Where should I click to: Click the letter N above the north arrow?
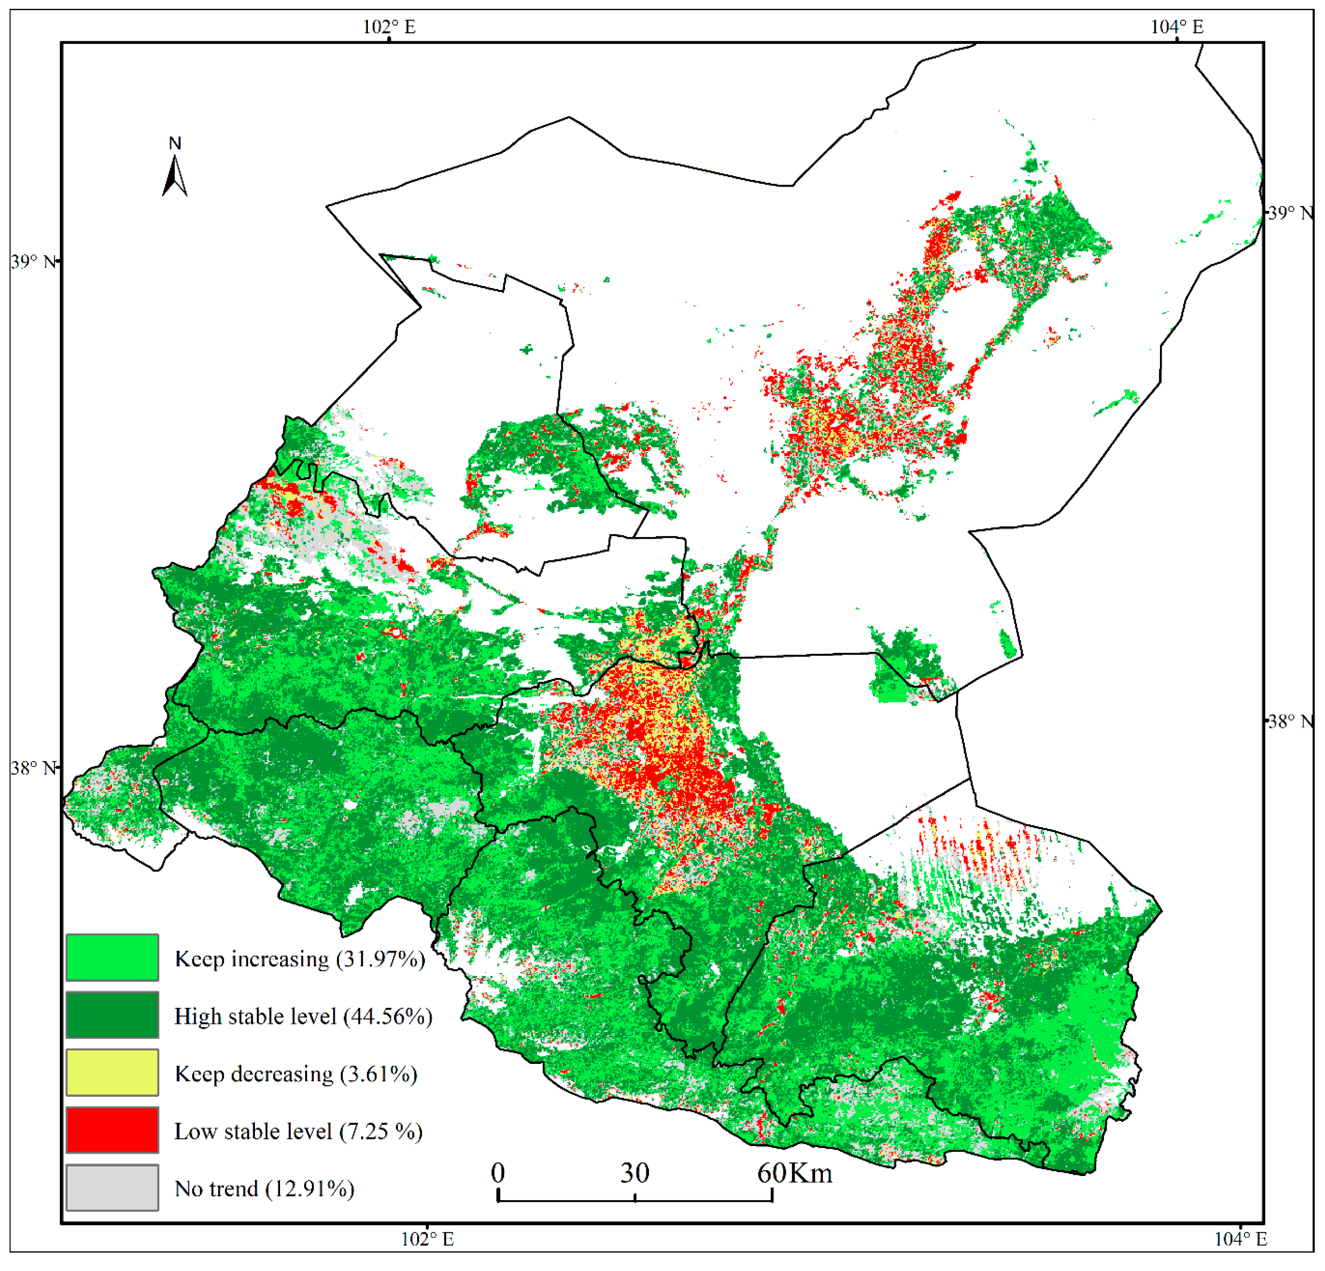coord(175,143)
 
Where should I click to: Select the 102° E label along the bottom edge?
coord(427,1238)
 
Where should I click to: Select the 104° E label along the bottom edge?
coord(1240,1238)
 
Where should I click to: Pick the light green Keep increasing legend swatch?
coord(112,957)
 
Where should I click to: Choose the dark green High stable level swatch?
coord(112,1015)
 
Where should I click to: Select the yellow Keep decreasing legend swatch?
coord(112,1072)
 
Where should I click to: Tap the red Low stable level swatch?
coord(112,1130)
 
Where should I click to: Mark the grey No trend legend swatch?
coord(112,1187)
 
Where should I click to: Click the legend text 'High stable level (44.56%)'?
coord(303,1016)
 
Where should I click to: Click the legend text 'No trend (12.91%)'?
coord(264,1189)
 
